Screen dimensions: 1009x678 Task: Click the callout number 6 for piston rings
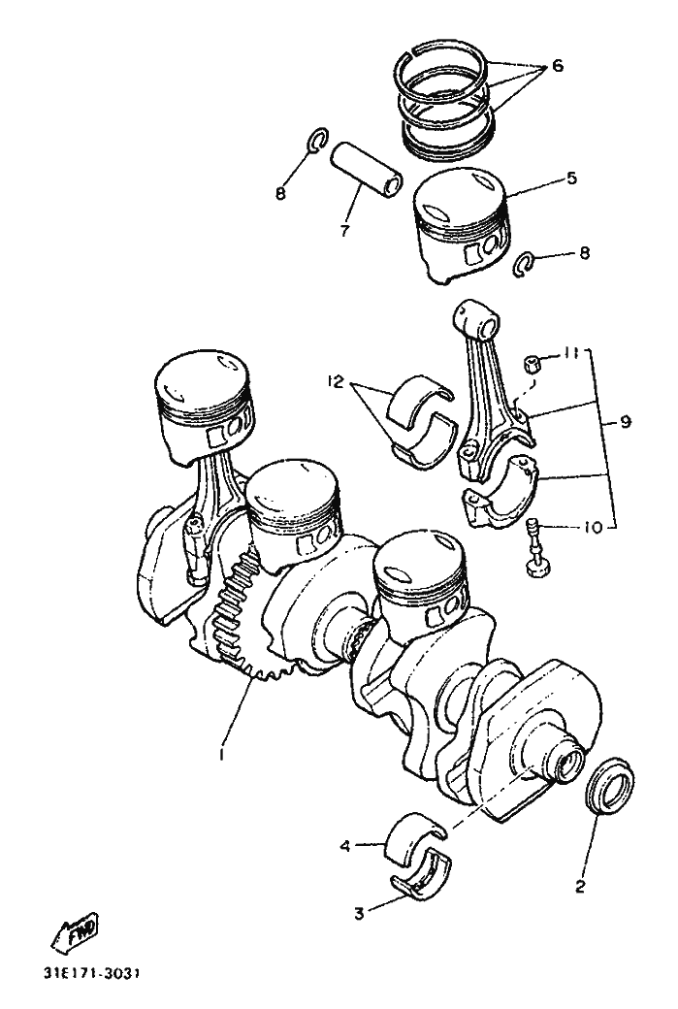pos(557,66)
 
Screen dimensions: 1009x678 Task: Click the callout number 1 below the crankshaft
pos(222,753)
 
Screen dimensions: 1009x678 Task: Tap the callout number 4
pos(345,846)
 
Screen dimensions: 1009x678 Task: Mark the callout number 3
pos(358,912)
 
